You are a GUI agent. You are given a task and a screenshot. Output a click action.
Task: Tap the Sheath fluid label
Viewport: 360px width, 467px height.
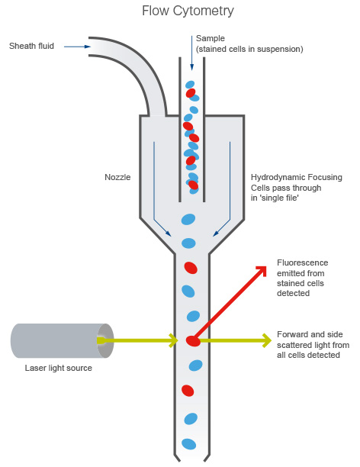[31, 47]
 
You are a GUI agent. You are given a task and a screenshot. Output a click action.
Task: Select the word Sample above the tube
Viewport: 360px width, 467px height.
[211, 38]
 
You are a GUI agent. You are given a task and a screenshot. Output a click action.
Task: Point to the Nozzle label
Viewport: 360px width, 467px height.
[117, 177]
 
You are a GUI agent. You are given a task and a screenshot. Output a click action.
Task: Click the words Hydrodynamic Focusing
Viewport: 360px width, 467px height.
[296, 177]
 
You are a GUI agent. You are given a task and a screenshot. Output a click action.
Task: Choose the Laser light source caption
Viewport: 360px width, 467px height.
[58, 368]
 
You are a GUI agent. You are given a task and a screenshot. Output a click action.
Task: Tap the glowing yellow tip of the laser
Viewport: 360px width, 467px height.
[103, 340]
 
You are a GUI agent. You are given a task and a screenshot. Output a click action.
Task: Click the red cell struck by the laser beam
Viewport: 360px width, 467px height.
[193, 340]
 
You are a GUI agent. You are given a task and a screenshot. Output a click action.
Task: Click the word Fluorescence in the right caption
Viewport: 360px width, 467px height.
[301, 263]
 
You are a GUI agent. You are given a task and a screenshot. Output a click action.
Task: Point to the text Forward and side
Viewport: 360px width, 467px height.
[308, 334]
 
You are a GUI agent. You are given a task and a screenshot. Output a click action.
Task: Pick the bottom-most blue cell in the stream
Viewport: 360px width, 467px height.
[188, 443]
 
